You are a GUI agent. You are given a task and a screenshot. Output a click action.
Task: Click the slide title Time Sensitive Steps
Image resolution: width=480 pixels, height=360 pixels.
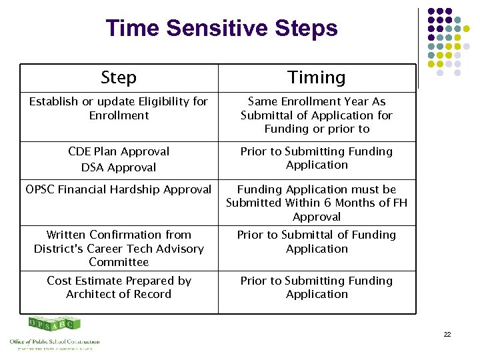pos(221,29)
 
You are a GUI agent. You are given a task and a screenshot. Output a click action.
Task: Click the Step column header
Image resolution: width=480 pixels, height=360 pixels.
pos(119,77)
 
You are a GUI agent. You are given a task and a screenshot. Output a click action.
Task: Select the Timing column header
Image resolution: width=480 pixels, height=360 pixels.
pos(317,77)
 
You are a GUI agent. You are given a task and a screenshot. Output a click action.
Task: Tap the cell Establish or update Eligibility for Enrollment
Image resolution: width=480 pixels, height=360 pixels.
pos(119,108)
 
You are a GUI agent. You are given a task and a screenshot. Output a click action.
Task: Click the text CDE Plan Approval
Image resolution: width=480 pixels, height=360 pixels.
pos(119,151)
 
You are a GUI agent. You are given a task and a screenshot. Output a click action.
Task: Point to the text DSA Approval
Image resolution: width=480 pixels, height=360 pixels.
pos(119,167)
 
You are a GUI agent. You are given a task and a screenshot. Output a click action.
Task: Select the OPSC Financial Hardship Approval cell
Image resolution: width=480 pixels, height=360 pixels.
pos(119,190)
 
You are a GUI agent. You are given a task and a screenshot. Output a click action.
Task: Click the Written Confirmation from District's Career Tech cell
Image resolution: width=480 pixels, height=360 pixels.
pos(119,248)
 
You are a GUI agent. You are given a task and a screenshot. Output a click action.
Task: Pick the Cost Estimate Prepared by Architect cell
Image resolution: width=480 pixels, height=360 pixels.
pos(119,287)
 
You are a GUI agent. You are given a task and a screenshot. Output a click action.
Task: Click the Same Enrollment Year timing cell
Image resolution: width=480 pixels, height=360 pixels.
pos(317,115)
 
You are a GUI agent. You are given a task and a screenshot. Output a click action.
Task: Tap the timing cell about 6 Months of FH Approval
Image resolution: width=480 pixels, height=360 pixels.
pos(317,203)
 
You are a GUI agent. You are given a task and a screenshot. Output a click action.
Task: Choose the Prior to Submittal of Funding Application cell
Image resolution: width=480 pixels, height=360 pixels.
pos(317,241)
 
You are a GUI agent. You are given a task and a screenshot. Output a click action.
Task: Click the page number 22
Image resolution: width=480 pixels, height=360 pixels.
pos(447,334)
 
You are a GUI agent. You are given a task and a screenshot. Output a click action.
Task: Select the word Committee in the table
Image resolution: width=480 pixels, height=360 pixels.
pos(119,262)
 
